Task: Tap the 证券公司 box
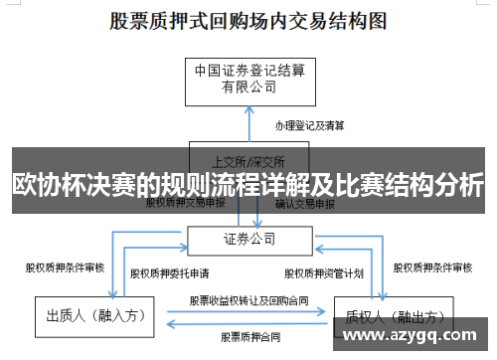[x=248, y=239]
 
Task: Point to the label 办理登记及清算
[x=310, y=126]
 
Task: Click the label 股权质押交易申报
[x=186, y=203]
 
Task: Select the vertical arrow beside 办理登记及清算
[x=248, y=126]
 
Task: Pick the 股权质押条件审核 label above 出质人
[x=65, y=267]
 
